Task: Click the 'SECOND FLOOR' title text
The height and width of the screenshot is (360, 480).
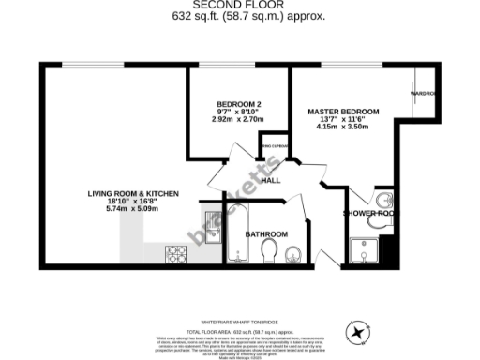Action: [x=239, y=5]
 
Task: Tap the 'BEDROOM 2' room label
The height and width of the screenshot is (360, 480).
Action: [x=238, y=103]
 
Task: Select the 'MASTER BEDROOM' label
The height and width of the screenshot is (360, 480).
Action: [x=343, y=112]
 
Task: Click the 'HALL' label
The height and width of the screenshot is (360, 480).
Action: [x=271, y=180]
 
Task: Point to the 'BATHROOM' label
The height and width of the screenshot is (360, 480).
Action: [x=266, y=233]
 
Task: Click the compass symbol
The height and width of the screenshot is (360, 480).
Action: [x=357, y=333]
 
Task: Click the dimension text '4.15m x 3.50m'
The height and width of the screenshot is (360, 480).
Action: [x=343, y=127]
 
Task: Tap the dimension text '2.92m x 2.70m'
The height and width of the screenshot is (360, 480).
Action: [x=238, y=119]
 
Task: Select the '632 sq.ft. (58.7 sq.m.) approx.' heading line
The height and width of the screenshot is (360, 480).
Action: [x=239, y=17]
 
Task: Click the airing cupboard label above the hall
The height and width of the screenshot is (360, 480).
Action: [x=274, y=147]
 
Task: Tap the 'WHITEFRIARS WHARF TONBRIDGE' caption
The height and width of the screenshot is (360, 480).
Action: [x=239, y=319]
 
